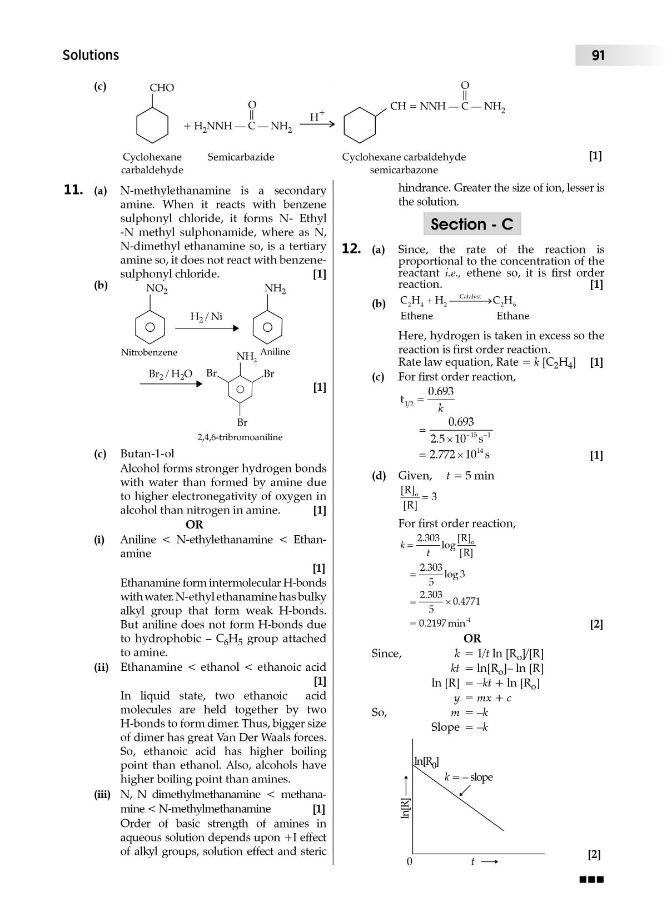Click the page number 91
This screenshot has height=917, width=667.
coord(598,56)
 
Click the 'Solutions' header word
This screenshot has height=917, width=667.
coord(91,56)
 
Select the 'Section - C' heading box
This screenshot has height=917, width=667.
coord(472,224)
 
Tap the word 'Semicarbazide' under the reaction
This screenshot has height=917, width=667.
coord(241,157)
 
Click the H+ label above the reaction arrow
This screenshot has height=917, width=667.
coord(317,116)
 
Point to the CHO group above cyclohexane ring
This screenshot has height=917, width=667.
coord(162,88)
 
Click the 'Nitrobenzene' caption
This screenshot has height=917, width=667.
coord(149,352)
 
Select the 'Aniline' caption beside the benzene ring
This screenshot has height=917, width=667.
coord(275,352)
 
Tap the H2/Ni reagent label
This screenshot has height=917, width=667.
coord(206,317)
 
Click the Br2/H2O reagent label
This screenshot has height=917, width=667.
coord(170,374)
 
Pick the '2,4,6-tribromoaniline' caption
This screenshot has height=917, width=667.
coord(240,437)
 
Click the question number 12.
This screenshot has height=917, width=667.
coord(351,249)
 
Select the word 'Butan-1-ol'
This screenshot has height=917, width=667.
coord(147,454)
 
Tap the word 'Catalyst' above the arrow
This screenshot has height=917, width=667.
coord(470,297)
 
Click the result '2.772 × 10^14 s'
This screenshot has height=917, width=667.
coord(459,455)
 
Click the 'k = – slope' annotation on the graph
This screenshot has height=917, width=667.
coord(468,778)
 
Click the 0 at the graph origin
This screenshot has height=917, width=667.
coord(410,862)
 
